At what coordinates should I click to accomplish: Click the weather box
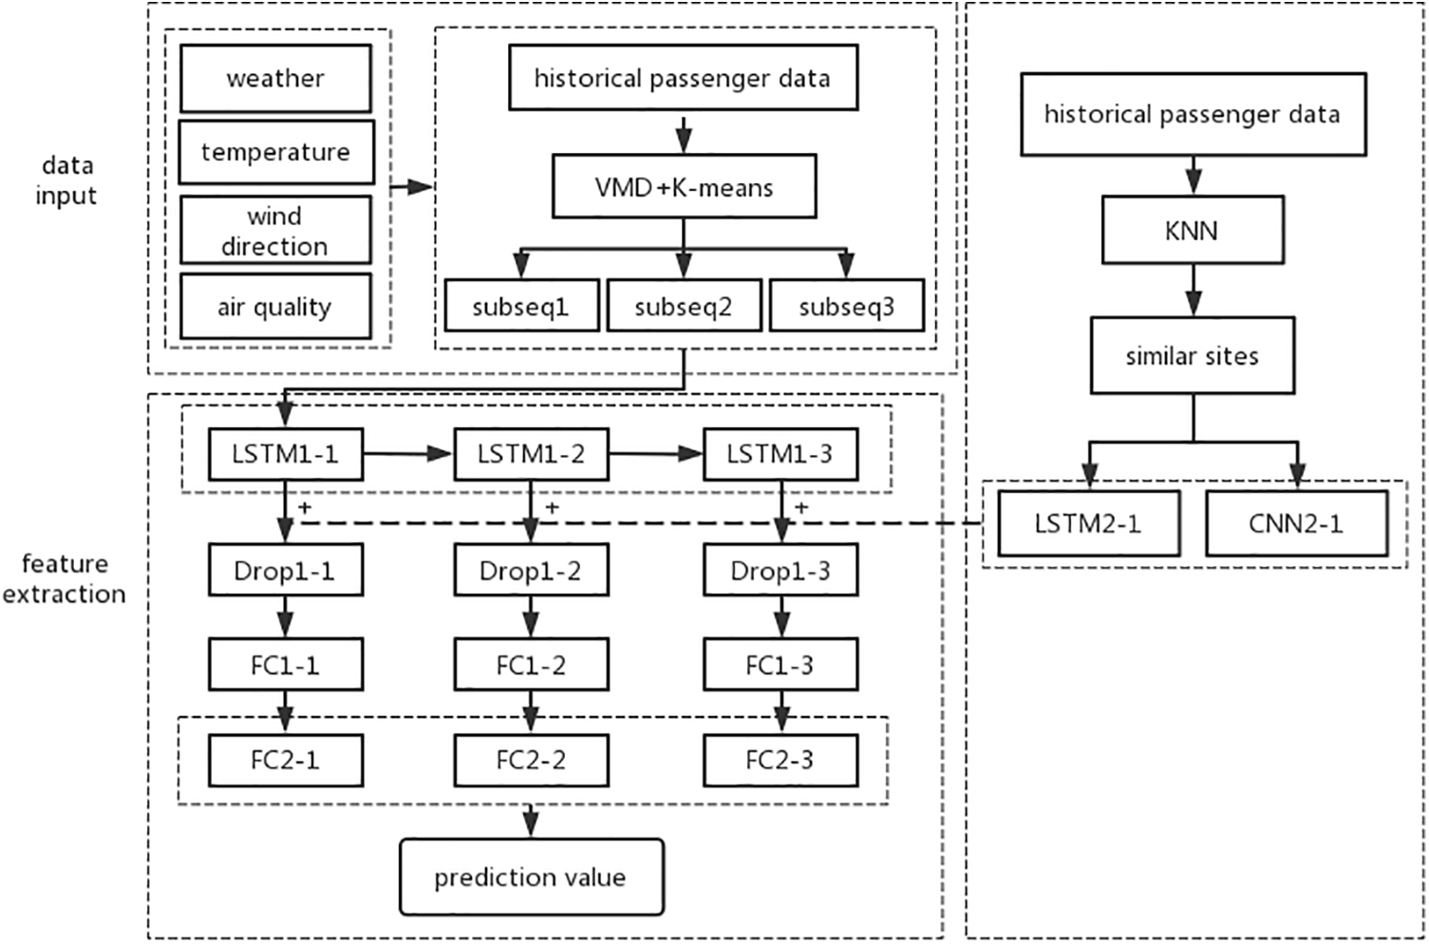tap(275, 79)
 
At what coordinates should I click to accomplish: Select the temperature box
tap(275, 152)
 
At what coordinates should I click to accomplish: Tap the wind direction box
tap(275, 231)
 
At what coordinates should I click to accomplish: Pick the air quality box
tap(275, 307)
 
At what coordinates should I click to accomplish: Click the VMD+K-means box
tap(684, 187)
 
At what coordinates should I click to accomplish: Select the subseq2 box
tap(684, 307)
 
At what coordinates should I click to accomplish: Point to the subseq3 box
tap(846, 307)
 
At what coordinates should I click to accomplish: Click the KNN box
tap(1192, 230)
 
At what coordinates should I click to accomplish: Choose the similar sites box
tap(1192, 356)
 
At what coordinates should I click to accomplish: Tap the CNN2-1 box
tap(1296, 523)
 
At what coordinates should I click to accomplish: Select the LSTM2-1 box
tap(1088, 523)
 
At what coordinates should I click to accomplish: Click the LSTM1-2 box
tap(531, 454)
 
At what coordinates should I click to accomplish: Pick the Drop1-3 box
tap(780, 571)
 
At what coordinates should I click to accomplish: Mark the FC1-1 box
tap(285, 665)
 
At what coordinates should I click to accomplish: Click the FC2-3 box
tap(780, 760)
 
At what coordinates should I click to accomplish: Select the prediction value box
tap(530, 877)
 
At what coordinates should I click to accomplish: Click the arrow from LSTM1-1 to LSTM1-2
tap(408, 454)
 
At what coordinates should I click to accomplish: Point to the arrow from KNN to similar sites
tap(1193, 290)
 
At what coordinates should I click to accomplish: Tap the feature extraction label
tap(65, 578)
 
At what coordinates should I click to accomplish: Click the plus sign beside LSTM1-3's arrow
tap(801, 508)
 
